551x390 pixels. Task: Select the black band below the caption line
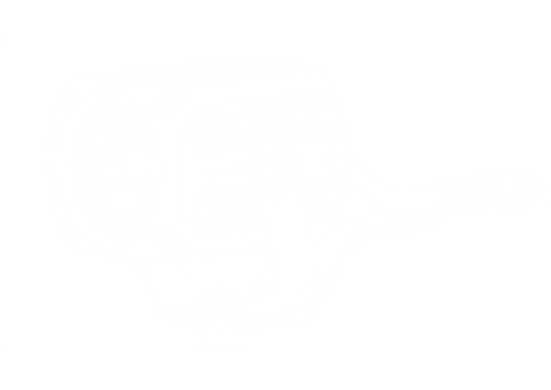pos(275,372)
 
